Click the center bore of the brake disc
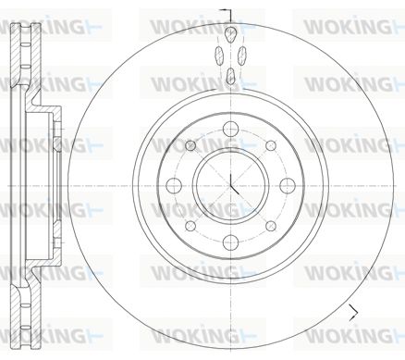[x=230, y=185]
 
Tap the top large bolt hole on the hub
[x=231, y=129]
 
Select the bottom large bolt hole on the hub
[x=230, y=242]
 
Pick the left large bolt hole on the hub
[x=174, y=185]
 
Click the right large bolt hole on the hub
[x=288, y=185]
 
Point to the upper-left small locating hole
[x=190, y=145]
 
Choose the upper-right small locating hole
[x=271, y=145]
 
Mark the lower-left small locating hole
[x=190, y=226]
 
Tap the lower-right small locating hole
[x=271, y=226]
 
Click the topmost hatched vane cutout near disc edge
[x=230, y=34]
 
